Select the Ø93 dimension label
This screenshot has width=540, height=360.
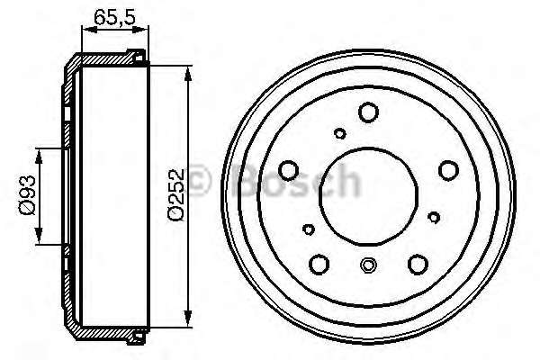coord(28,195)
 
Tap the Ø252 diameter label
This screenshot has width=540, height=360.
coord(176,194)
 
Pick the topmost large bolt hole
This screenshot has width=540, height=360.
coord(368,112)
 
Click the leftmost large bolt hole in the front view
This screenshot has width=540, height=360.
coord(288,170)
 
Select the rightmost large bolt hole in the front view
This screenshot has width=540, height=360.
coord(449,170)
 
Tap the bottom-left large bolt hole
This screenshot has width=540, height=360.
coord(319,265)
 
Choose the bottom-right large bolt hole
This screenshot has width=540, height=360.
coord(418,265)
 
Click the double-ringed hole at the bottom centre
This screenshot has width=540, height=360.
coord(368,265)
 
